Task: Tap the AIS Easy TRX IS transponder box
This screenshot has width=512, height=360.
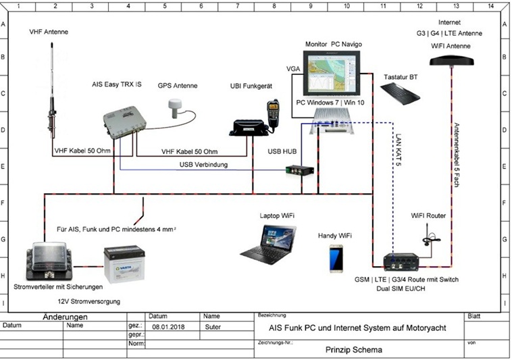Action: [123, 123]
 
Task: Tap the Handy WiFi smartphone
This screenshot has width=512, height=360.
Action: [336, 257]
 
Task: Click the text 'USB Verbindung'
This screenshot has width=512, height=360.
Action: [203, 165]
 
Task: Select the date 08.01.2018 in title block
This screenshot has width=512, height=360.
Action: [164, 326]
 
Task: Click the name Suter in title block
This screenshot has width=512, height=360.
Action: [212, 326]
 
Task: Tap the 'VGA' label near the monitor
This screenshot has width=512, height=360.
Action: [292, 68]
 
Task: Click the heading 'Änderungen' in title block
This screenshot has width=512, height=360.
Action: [64, 315]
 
